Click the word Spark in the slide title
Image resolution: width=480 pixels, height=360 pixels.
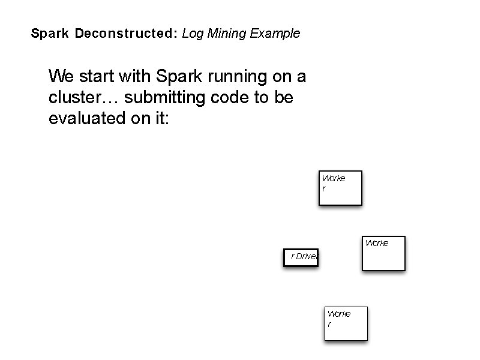(x=50, y=34)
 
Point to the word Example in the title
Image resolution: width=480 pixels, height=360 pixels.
(x=275, y=34)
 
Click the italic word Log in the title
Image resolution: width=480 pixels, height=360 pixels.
(x=193, y=34)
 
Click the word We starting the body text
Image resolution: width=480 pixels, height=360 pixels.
(x=62, y=77)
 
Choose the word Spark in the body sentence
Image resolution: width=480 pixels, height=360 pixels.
(x=176, y=77)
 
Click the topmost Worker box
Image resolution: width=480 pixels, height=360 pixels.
(x=340, y=188)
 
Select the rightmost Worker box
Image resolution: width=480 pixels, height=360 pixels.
(x=383, y=254)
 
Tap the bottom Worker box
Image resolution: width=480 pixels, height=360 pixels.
(x=346, y=324)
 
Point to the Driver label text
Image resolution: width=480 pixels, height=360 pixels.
(x=304, y=256)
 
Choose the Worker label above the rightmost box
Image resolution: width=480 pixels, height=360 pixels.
(x=376, y=243)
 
